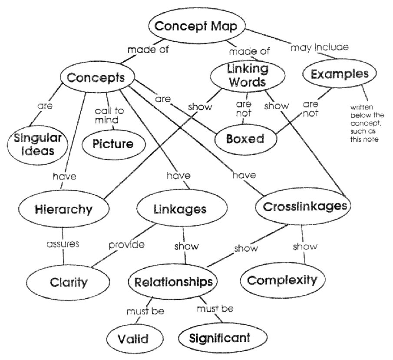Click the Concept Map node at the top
click(x=196, y=27)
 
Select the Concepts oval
click(x=96, y=78)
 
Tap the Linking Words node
click(x=248, y=75)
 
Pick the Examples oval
click(x=343, y=74)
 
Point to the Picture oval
click(x=113, y=144)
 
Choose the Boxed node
click(x=245, y=139)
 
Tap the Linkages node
click(x=180, y=209)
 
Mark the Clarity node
click(x=69, y=282)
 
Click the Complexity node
click(x=282, y=280)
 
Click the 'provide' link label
click(x=126, y=244)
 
